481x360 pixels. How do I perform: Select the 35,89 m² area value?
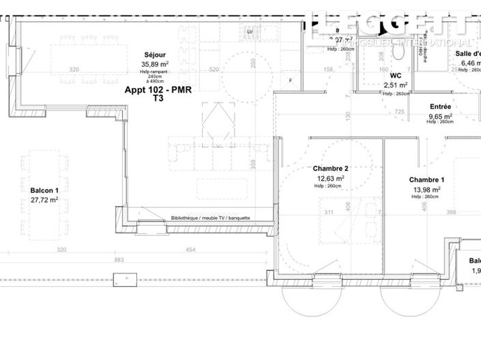[155, 64]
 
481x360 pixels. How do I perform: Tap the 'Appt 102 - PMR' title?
[158, 89]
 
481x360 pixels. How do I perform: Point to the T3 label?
[158, 98]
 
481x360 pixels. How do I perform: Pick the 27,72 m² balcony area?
[40, 200]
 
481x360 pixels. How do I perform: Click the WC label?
[396, 76]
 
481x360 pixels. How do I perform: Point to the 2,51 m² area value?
[396, 85]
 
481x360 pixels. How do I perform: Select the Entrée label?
[440, 106]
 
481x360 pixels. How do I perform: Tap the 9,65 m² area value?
[440, 116]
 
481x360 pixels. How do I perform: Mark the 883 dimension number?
[119, 260]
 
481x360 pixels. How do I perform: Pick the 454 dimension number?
[190, 250]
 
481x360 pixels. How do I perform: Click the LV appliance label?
[250, 32]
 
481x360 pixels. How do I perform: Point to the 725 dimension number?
[400, 111]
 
